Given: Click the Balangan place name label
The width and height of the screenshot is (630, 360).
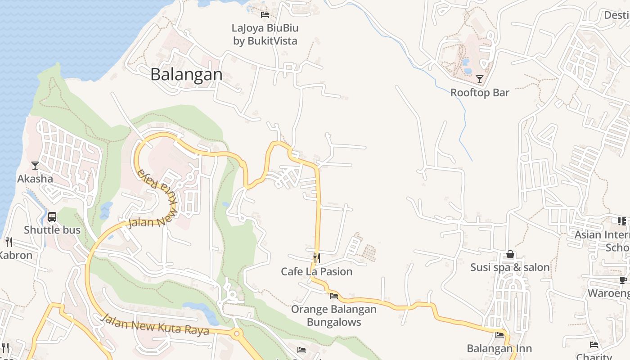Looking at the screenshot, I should coord(186,74).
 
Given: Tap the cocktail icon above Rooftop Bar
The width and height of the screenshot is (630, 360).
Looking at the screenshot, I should coord(480,80).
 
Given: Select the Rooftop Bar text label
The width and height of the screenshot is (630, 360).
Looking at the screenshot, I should coord(480,93).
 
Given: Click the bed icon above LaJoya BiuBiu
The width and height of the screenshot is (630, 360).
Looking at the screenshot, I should coord(265,15).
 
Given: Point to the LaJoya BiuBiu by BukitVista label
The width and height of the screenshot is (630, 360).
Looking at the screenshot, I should coord(265,34).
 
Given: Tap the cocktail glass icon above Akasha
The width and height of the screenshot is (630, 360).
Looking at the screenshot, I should coord(35,166).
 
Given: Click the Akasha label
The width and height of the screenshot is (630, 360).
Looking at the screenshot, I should coord(35,179).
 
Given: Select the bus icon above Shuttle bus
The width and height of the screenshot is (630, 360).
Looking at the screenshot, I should coord(52,217).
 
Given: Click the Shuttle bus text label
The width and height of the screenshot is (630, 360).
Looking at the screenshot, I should coord(52,230).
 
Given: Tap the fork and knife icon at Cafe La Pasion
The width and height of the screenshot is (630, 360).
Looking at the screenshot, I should coord(317,258).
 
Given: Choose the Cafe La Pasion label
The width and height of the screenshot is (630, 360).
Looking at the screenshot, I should coord(317,271).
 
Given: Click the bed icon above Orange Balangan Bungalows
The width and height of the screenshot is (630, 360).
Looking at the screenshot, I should coord(334,296).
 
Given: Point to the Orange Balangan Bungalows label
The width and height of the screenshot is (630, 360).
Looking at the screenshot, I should coord(334,315).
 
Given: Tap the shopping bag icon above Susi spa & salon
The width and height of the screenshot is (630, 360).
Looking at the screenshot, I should coord(510,255).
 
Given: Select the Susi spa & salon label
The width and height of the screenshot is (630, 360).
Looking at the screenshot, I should coord(510,267).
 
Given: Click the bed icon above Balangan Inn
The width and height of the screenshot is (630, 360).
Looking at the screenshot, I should coord(499,335).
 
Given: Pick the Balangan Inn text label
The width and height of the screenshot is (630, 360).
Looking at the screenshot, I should coord(499,348).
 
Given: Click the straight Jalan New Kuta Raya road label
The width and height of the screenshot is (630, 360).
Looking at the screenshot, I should coord(156,325).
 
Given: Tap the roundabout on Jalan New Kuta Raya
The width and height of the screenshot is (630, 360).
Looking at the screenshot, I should coord(237,334).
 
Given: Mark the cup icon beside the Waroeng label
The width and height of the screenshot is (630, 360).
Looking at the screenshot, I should coord(623,280).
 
